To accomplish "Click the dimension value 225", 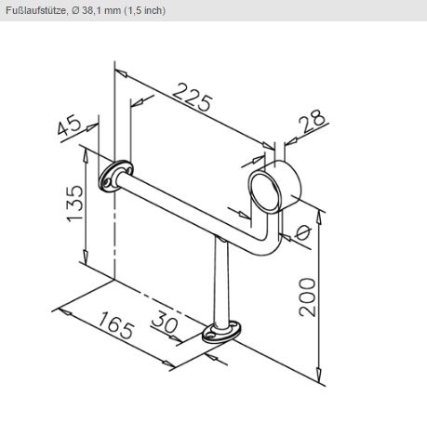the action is (x=193, y=97).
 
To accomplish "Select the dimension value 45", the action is (x=70, y=125).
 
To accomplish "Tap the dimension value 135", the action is (x=75, y=204).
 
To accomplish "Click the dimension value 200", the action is (x=307, y=297).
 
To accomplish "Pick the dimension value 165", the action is (x=116, y=325).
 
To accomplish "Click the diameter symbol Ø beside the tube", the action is (x=302, y=232).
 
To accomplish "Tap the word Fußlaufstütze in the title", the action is (x=35, y=10).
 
